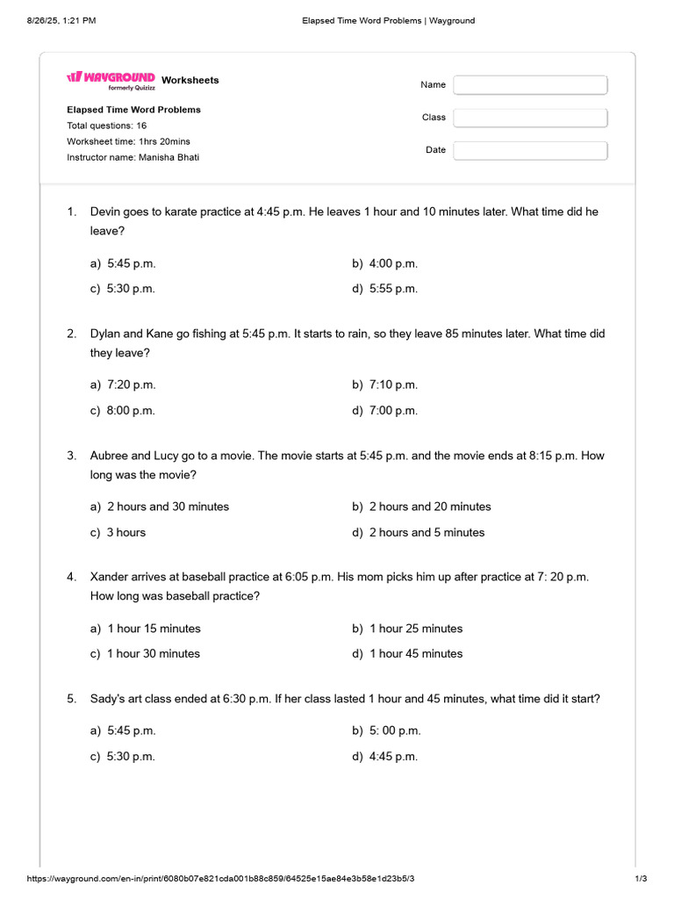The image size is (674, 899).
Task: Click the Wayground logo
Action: click(111, 79)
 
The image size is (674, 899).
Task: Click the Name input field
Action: click(530, 85)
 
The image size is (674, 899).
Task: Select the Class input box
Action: click(530, 118)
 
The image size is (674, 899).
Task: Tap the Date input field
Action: click(530, 150)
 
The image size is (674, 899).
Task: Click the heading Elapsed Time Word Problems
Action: click(133, 110)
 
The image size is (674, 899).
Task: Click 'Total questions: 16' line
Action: click(106, 126)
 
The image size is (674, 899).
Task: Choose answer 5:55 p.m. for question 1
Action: click(392, 289)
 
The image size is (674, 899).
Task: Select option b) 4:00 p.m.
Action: click(392, 263)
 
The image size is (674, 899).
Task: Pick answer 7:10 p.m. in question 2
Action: click(392, 385)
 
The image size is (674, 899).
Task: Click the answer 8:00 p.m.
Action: click(131, 411)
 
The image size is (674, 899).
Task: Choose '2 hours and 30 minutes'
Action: click(168, 507)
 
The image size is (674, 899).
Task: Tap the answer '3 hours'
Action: click(126, 533)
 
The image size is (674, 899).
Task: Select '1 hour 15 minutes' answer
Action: click(154, 629)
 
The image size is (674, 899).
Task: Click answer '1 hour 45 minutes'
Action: click(415, 654)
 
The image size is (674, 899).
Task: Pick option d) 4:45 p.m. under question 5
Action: click(392, 757)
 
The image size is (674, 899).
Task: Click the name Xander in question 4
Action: click(110, 577)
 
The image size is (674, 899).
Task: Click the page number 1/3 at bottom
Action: click(641, 879)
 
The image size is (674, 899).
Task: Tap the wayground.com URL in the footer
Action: click(220, 879)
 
